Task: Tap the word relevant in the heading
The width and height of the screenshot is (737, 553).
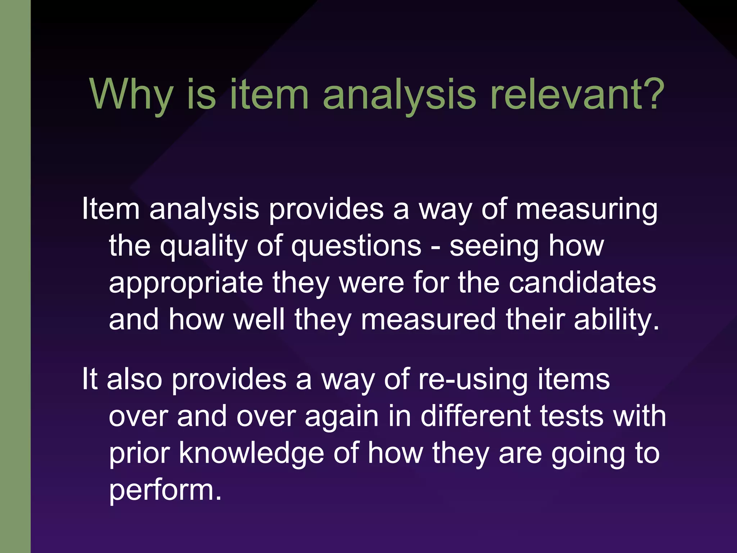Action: (x=565, y=94)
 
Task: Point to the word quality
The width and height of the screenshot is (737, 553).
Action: (x=204, y=247)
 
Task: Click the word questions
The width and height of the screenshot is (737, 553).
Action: (x=356, y=246)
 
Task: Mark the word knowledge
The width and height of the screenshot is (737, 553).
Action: (x=252, y=454)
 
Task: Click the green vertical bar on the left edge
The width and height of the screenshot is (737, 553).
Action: (x=15, y=276)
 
